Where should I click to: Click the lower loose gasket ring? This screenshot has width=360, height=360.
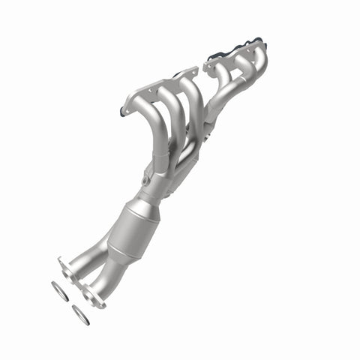(80, 315)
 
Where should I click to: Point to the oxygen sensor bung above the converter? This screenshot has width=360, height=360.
(142, 181)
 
